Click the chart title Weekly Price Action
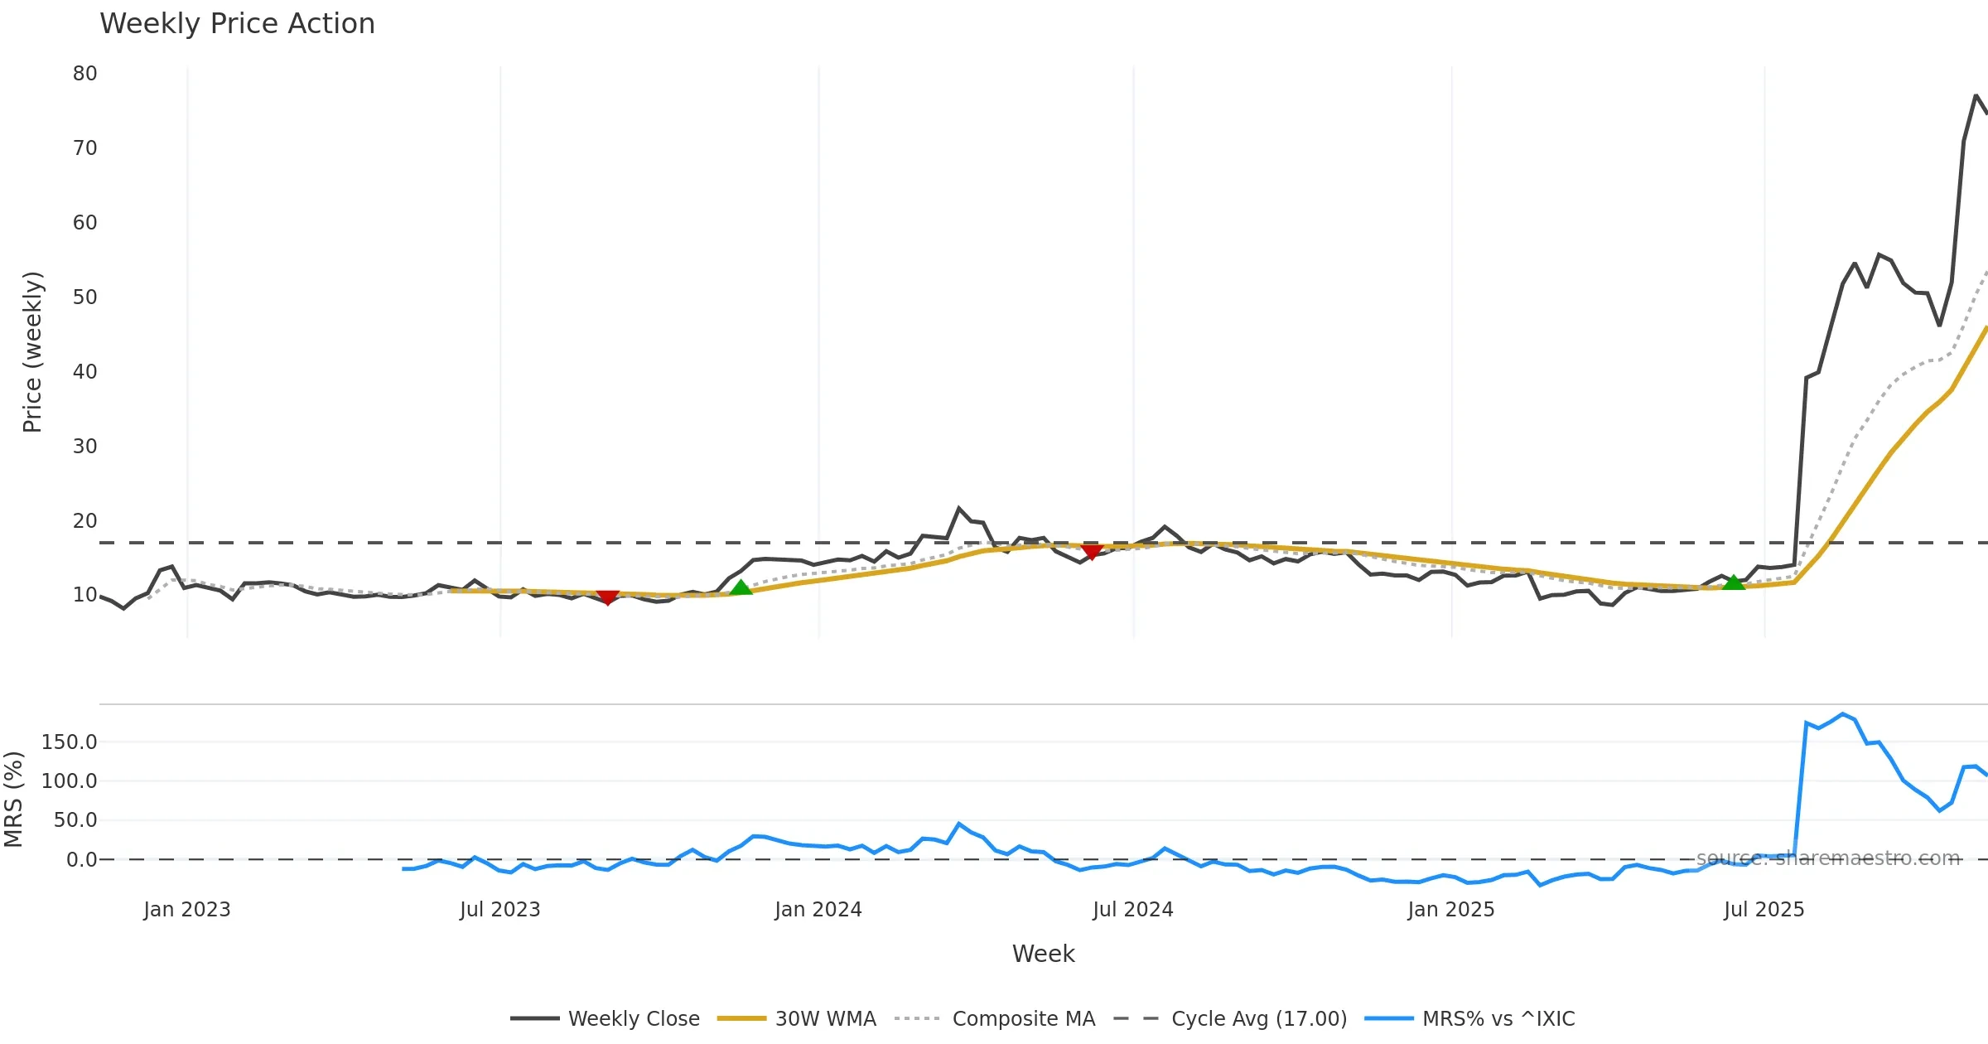(237, 24)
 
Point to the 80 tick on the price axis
(84, 74)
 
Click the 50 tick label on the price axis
(84, 297)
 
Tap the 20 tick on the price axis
(84, 521)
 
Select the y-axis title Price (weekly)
(32, 352)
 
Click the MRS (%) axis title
(13, 800)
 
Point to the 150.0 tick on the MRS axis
(69, 742)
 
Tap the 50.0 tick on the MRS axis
(75, 820)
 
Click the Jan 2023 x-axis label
(186, 910)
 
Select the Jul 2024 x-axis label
(1132, 910)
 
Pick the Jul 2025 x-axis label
(1764, 910)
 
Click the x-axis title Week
(1043, 955)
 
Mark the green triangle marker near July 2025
(1734, 583)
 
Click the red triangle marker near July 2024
(1092, 552)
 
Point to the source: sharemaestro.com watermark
(1828, 858)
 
